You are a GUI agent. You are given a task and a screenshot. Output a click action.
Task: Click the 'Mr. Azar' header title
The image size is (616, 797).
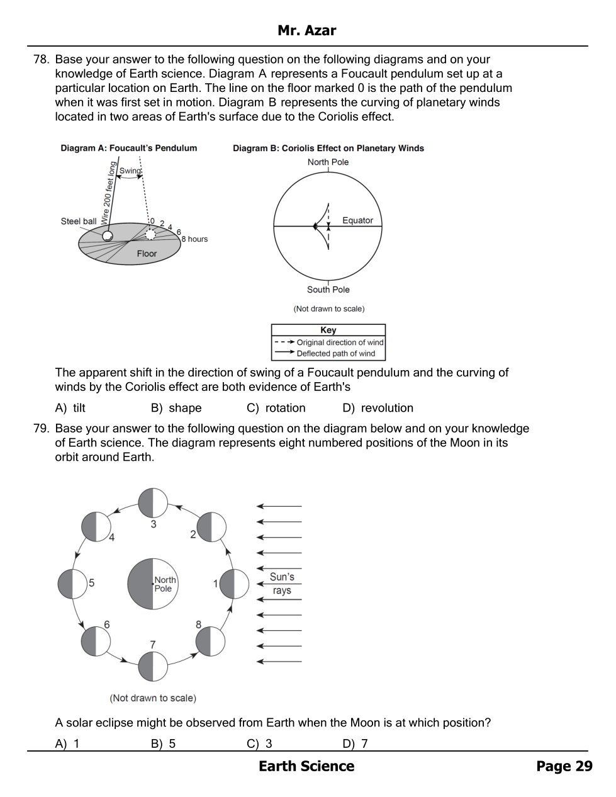tap(306, 30)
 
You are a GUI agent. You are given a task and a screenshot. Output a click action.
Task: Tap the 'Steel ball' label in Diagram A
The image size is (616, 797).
tap(79, 221)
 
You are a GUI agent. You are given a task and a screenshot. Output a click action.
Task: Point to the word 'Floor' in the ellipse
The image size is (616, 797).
tap(147, 254)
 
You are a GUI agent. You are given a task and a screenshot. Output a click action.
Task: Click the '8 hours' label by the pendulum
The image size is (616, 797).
tap(194, 239)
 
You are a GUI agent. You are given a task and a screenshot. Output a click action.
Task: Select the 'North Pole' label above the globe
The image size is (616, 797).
tap(328, 162)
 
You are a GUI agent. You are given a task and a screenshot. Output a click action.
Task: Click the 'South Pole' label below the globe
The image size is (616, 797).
tap(328, 290)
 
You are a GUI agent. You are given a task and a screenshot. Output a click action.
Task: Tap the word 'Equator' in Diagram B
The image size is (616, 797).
tap(357, 220)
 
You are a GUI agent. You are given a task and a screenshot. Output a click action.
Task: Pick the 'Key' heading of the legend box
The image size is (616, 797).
tap(328, 330)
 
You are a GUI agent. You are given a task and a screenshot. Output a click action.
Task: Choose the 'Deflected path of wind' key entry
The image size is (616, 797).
tap(335, 354)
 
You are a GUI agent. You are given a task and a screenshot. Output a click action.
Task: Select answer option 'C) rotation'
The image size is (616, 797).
tap(276, 408)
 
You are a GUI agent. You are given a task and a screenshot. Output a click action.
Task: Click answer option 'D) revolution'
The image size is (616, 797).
tap(378, 408)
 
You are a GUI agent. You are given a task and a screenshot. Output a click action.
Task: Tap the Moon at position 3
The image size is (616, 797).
tap(153, 502)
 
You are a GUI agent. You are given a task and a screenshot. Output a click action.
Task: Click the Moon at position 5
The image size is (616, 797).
tap(72, 584)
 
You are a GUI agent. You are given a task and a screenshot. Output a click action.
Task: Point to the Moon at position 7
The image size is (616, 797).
tap(153, 666)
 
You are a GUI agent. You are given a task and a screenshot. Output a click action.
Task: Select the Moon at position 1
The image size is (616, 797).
tap(234, 584)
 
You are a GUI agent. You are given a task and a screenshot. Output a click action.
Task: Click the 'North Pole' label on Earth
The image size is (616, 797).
tap(165, 584)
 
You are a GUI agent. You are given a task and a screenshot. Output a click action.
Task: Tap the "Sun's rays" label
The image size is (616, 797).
tap(282, 584)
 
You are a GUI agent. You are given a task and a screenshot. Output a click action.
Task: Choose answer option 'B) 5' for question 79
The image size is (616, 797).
tap(163, 743)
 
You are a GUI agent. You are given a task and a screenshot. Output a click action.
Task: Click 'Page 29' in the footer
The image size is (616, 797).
tap(564, 766)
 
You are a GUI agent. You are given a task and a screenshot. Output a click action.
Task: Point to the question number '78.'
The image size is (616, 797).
tap(41, 60)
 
